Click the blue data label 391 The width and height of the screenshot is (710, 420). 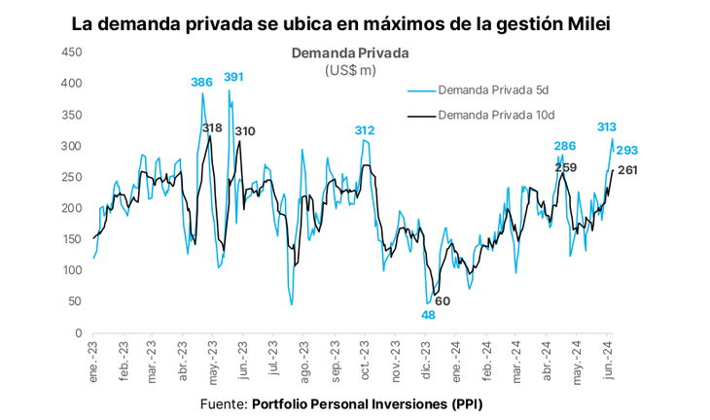(233, 77)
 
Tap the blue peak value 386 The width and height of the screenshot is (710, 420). (201, 83)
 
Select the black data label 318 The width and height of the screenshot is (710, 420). (212, 128)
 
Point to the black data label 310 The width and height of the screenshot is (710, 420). (245, 131)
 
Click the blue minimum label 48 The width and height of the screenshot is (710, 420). (428, 314)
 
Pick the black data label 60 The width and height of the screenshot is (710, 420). (443, 300)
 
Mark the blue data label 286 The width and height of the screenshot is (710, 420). (564, 146)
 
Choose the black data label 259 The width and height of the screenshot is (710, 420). (566, 167)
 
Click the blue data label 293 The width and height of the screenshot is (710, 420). (627, 151)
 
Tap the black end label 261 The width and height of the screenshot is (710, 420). (627, 170)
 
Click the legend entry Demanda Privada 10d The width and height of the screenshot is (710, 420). (496, 115)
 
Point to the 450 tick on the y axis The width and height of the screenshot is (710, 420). (71, 52)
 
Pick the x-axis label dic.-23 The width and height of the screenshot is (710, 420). (426, 358)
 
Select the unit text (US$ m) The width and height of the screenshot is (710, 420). (350, 70)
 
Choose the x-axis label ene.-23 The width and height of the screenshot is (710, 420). (93, 358)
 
